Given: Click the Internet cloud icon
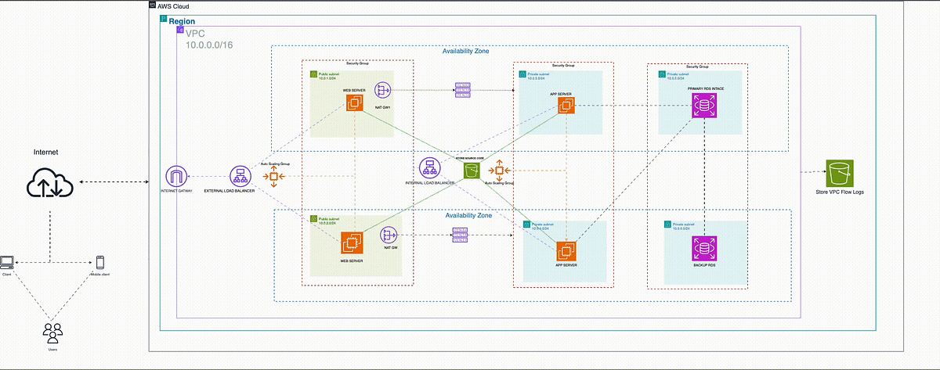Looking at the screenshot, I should click(50, 185).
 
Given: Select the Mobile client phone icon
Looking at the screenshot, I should click(100, 263).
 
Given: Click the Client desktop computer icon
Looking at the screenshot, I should click(7, 262).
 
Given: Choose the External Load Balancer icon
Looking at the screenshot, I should click(240, 177).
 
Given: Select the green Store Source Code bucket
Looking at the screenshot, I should click(471, 171).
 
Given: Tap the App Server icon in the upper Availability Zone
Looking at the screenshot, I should click(566, 106).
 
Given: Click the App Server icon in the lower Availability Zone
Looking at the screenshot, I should click(566, 252).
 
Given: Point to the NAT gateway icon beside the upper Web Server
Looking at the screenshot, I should click(383, 90).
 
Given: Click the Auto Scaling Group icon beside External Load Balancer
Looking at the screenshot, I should click(275, 177).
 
